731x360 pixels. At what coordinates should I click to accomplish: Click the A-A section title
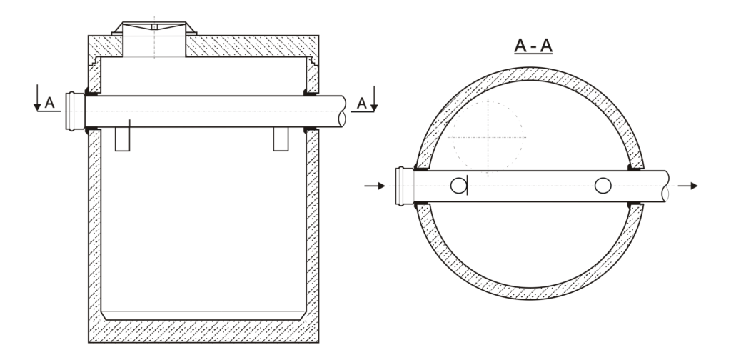(533, 46)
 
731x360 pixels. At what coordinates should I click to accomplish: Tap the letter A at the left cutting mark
(49, 103)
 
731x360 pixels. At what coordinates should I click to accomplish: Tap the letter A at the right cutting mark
(362, 103)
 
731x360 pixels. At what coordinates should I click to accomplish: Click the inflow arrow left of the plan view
(375, 186)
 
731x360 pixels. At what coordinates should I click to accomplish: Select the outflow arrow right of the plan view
(687, 186)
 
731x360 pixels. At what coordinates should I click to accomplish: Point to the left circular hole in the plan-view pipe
(458, 186)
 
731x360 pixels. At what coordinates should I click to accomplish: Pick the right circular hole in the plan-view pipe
(603, 186)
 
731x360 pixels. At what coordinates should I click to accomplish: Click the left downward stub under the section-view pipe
(122, 139)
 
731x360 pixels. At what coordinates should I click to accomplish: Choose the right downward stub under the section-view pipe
(281, 139)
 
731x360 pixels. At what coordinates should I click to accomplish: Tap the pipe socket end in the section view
(75, 111)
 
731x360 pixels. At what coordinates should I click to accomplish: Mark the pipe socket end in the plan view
(404, 186)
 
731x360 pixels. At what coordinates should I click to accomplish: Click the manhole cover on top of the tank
(154, 28)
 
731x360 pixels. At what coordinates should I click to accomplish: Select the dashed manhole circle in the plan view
(488, 138)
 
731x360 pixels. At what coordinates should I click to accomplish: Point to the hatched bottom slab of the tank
(203, 331)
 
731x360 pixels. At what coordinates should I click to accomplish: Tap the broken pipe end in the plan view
(665, 186)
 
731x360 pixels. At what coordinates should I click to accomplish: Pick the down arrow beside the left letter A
(37, 97)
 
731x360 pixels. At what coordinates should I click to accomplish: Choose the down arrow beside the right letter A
(374, 99)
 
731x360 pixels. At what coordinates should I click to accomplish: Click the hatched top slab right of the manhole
(252, 46)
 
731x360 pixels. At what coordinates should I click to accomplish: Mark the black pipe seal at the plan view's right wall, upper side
(634, 167)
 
